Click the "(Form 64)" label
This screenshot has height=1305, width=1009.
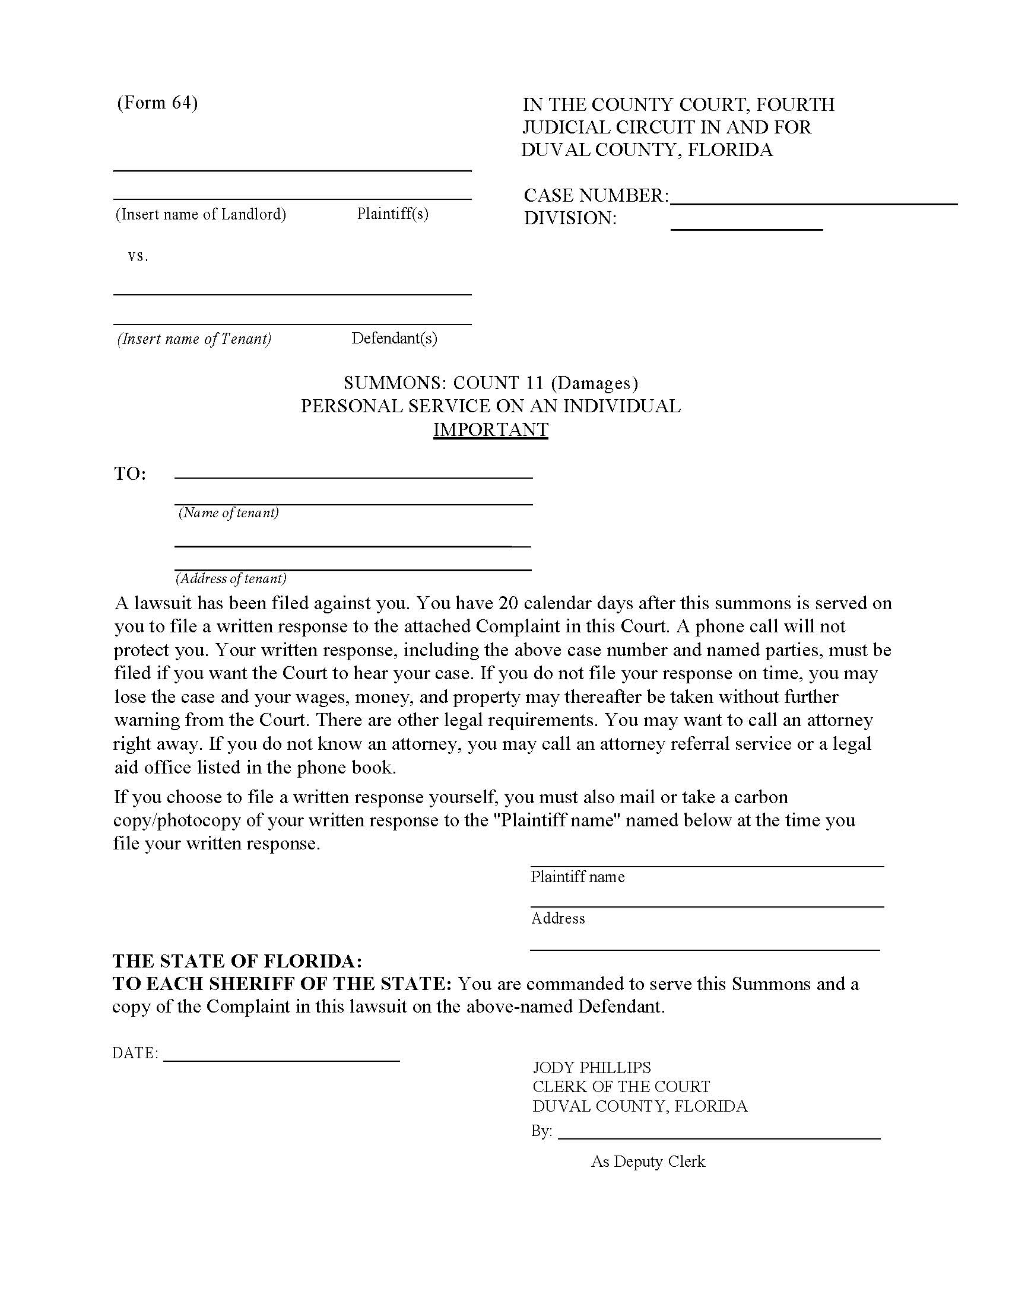(157, 103)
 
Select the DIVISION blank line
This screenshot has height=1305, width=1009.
(746, 228)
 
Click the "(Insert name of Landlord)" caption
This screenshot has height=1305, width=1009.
(200, 214)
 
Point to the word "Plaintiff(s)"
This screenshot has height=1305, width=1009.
(393, 214)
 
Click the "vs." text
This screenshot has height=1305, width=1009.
(138, 256)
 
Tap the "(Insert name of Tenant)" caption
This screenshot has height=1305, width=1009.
(194, 339)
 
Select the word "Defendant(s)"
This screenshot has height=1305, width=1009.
(394, 338)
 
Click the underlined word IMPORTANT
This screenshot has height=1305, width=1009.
(490, 429)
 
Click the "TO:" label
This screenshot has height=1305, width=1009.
(131, 474)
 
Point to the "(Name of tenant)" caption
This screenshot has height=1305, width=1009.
(229, 513)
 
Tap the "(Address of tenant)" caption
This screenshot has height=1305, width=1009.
(231, 578)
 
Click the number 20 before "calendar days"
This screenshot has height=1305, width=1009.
(508, 603)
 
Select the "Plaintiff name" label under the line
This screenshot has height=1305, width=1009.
(578, 877)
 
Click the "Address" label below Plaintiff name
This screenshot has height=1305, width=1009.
(558, 918)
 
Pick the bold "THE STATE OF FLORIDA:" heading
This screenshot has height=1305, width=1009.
(237, 961)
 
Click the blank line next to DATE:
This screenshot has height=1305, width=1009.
(281, 1060)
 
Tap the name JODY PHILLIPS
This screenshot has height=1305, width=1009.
(592, 1067)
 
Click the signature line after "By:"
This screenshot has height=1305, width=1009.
(719, 1138)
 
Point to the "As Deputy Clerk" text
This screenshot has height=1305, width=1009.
(648, 1161)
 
